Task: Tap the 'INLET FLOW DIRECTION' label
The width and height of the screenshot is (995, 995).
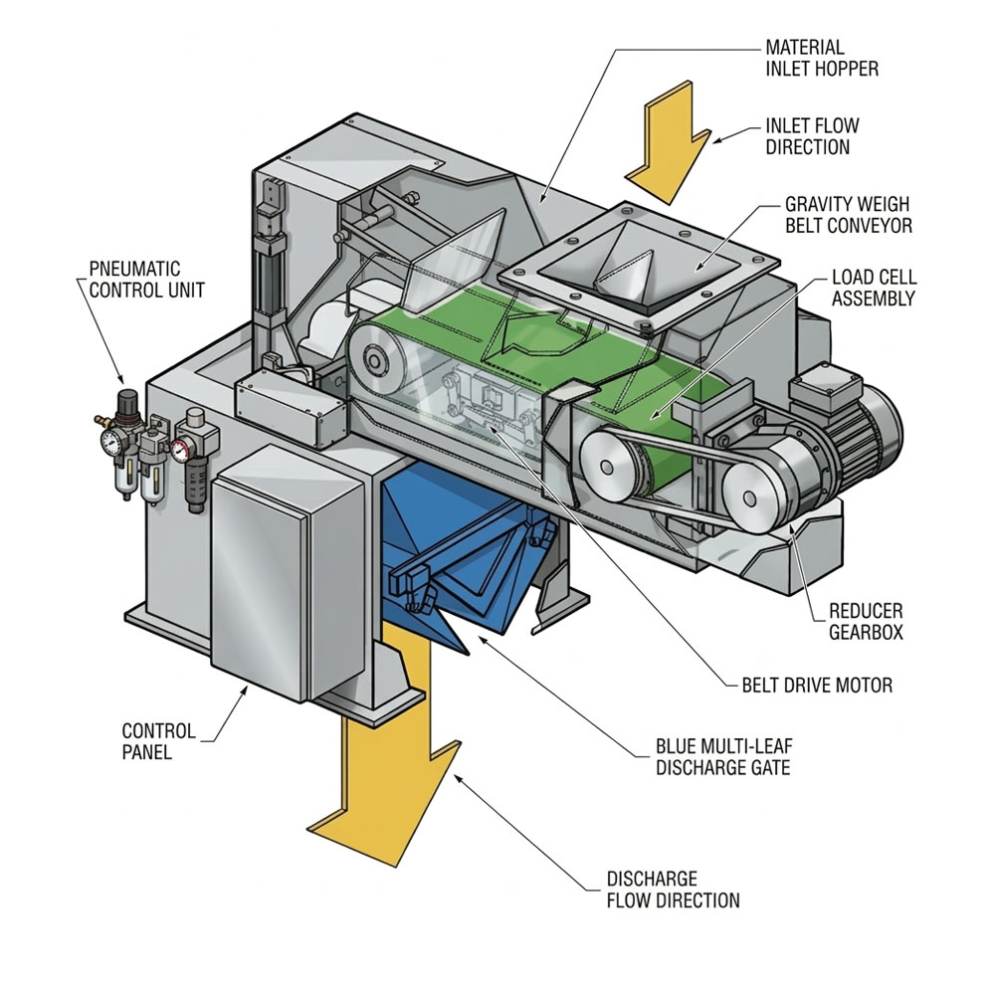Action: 812,137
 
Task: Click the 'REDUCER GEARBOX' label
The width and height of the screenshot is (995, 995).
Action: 866,621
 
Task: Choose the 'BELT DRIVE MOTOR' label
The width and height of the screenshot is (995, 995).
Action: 817,685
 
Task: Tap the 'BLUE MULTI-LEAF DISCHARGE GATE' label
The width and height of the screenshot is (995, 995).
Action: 723,756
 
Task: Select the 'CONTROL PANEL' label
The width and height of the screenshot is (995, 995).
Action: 160,742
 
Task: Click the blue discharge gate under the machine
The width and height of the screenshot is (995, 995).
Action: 468,567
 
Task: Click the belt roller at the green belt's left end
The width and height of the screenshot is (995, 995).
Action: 375,358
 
